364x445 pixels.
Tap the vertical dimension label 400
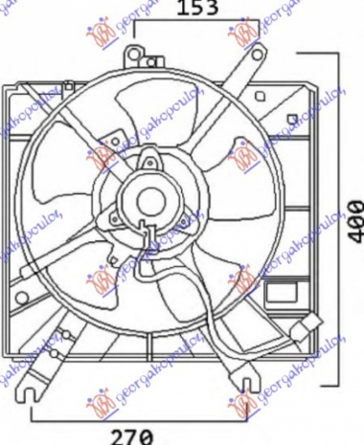pyautogui.click(x=354, y=222)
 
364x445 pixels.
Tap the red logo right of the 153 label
pyautogui.click(x=243, y=35)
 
